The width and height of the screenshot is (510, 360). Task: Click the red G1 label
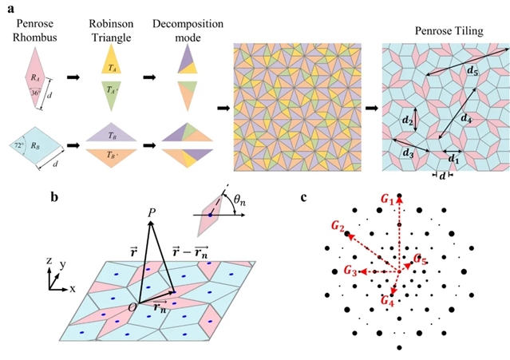[x=387, y=199]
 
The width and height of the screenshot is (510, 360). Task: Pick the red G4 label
[x=388, y=300]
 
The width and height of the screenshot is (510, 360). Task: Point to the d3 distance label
[x=407, y=152]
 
